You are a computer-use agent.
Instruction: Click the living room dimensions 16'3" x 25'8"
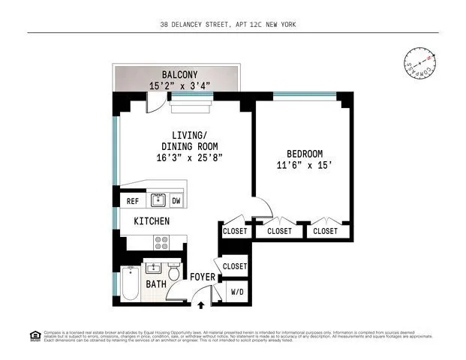click(190, 158)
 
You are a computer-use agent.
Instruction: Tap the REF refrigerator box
click(132, 201)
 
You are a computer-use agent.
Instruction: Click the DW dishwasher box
click(176, 201)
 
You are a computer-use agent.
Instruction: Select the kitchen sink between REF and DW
click(158, 200)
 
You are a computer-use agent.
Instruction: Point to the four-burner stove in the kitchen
click(161, 242)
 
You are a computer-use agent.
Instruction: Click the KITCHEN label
click(152, 221)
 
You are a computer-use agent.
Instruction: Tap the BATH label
click(156, 284)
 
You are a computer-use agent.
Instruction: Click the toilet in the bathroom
click(174, 273)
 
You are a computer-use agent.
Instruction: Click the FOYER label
click(203, 277)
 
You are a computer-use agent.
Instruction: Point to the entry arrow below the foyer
click(201, 304)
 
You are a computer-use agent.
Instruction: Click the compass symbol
click(419, 64)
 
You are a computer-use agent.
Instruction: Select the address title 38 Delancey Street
click(233, 25)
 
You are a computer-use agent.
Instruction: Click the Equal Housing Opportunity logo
click(34, 335)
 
